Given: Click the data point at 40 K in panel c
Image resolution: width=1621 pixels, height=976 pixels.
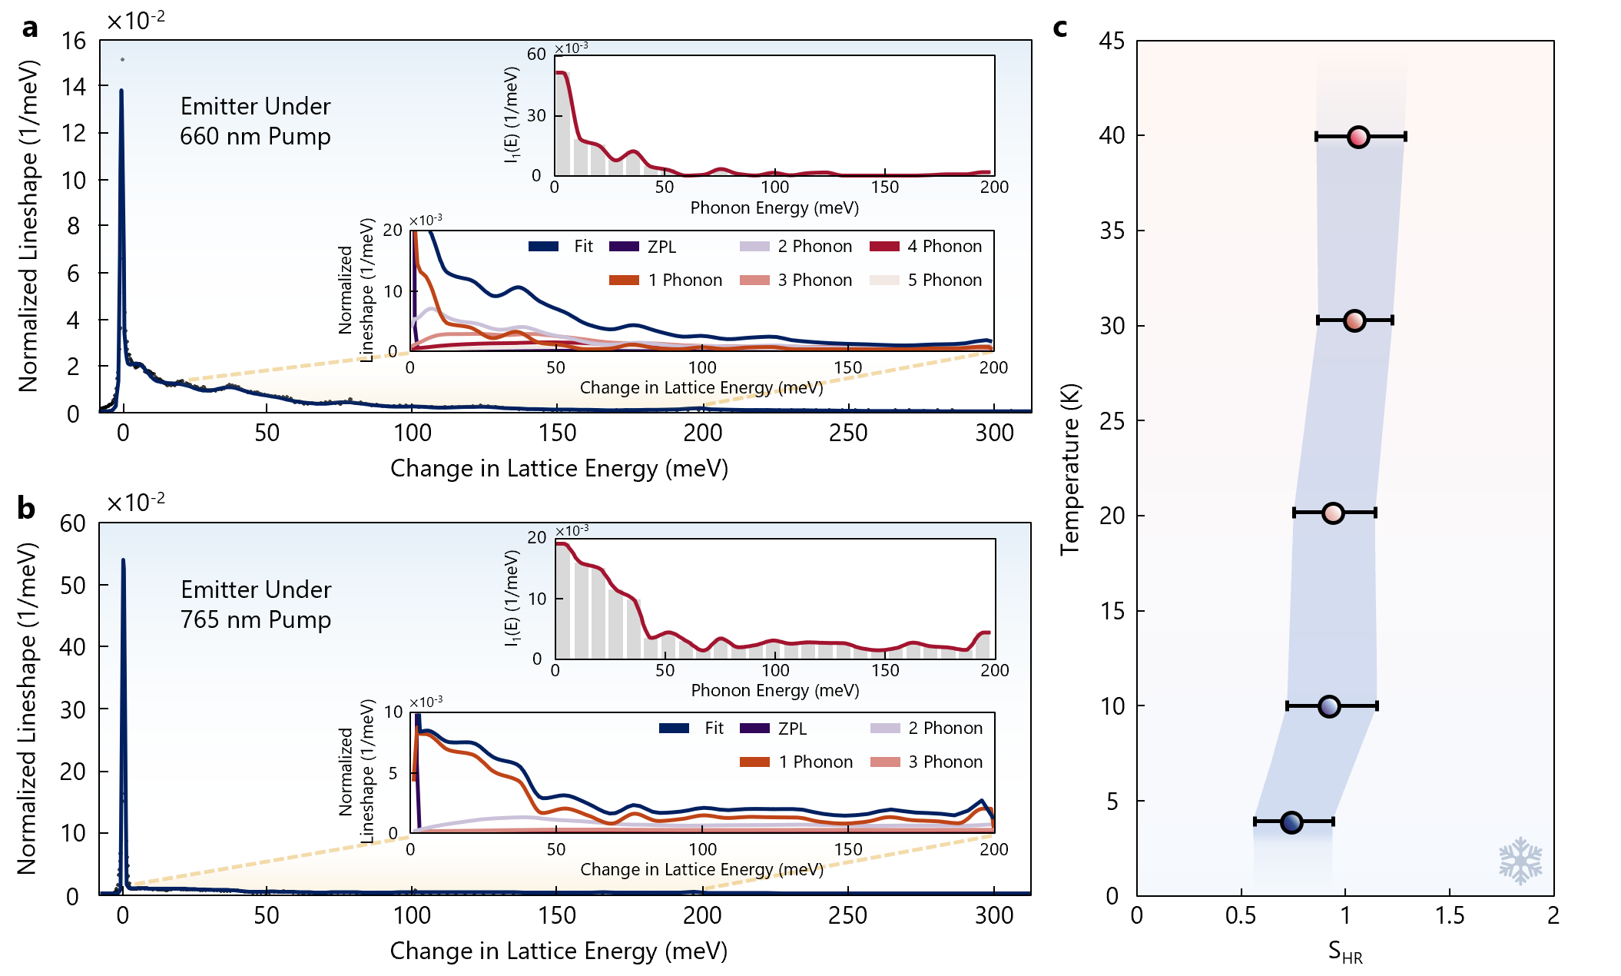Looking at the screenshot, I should (1358, 137).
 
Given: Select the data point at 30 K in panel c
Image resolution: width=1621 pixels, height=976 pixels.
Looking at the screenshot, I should (1354, 320).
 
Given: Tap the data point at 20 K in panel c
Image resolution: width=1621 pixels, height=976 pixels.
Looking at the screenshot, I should (1333, 513).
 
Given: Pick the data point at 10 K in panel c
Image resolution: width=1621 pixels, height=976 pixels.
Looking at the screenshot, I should (1329, 706).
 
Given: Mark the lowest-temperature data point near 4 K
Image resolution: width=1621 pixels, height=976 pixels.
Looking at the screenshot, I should (1291, 822).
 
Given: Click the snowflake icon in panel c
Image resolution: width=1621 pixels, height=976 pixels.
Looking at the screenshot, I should (1520, 861).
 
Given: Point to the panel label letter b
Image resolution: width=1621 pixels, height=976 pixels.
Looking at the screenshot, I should (27, 509).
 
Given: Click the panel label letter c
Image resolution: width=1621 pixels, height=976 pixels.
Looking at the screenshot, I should (1060, 28).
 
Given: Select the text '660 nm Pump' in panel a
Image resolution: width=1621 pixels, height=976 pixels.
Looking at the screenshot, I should (255, 137).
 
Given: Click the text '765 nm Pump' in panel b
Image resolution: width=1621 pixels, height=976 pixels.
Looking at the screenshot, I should (256, 619).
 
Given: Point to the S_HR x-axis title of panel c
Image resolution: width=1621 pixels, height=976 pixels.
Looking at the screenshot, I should (1345, 953).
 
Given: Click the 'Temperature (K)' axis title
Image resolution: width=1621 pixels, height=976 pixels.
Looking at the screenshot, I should (1069, 469).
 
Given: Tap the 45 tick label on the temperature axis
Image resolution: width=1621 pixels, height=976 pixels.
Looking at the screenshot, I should (1111, 41).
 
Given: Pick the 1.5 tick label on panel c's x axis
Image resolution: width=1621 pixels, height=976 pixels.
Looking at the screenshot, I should (1450, 916).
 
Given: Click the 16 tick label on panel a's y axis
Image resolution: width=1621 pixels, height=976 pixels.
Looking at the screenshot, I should (74, 41).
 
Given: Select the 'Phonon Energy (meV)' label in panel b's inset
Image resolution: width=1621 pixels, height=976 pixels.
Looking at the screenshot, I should (774, 690).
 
